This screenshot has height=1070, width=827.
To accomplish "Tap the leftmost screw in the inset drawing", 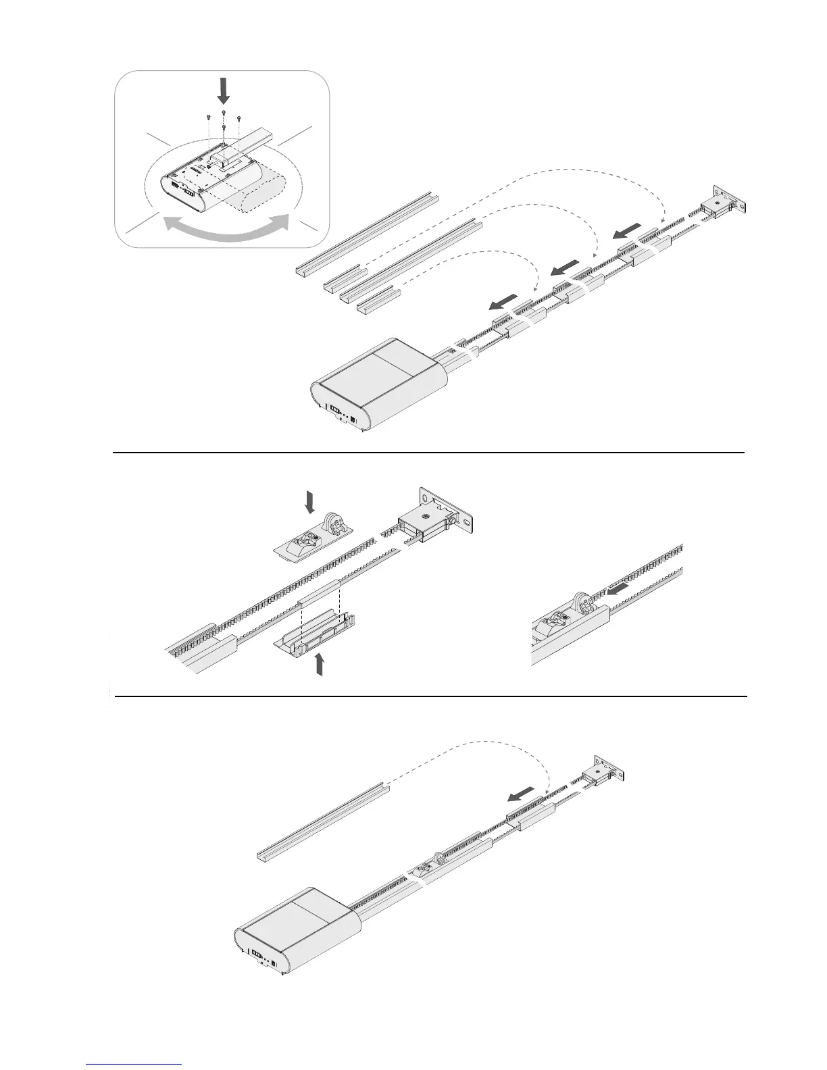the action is coord(207,118).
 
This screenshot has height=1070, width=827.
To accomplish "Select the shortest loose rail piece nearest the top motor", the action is coord(378,299).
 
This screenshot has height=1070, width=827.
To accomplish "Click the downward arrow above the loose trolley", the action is coord(310,501).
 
